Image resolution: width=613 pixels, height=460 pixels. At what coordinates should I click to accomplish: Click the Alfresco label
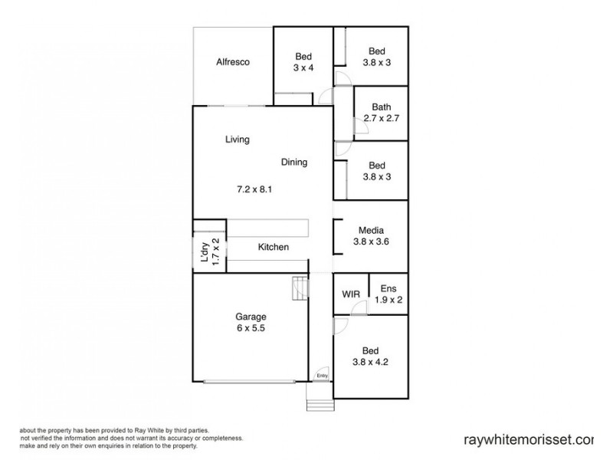(x=234, y=62)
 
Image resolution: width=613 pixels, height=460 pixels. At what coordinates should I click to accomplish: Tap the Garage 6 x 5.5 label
(x=251, y=322)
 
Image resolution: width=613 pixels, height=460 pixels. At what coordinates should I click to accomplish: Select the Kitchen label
(x=273, y=247)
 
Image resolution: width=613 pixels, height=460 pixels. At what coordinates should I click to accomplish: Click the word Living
(x=238, y=140)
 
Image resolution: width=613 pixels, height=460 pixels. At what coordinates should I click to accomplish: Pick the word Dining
(x=293, y=162)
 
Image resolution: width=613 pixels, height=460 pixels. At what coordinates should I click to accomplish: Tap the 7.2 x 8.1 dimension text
(x=254, y=188)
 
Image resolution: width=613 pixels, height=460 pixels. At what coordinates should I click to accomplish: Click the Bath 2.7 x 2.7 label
(x=381, y=113)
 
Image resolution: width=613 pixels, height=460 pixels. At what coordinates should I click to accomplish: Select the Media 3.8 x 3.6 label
(x=371, y=236)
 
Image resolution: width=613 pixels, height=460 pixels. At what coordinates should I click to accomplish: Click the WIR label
(x=351, y=294)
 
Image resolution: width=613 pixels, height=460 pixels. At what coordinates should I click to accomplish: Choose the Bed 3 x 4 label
(x=303, y=62)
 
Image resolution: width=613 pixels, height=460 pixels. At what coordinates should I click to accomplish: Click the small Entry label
(x=322, y=376)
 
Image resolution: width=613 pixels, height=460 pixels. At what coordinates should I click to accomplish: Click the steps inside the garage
(x=298, y=290)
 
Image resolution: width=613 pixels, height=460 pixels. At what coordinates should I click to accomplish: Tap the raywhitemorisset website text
(x=529, y=440)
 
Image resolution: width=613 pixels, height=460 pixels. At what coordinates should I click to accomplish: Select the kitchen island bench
(x=267, y=228)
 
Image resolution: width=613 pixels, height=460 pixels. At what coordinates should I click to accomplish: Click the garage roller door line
(x=250, y=381)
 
